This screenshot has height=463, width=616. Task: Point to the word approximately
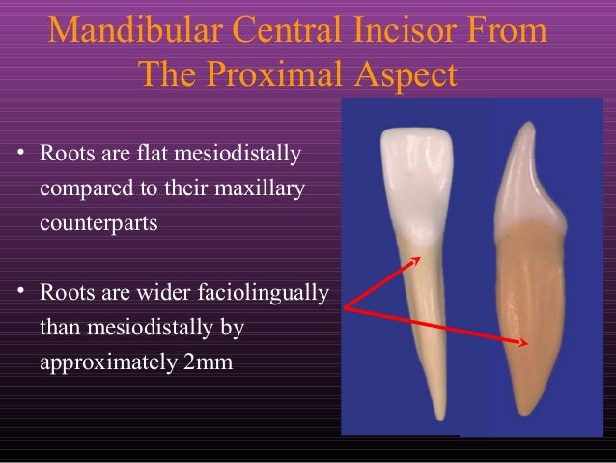[102, 364]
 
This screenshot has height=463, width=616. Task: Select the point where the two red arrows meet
[345, 309]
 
